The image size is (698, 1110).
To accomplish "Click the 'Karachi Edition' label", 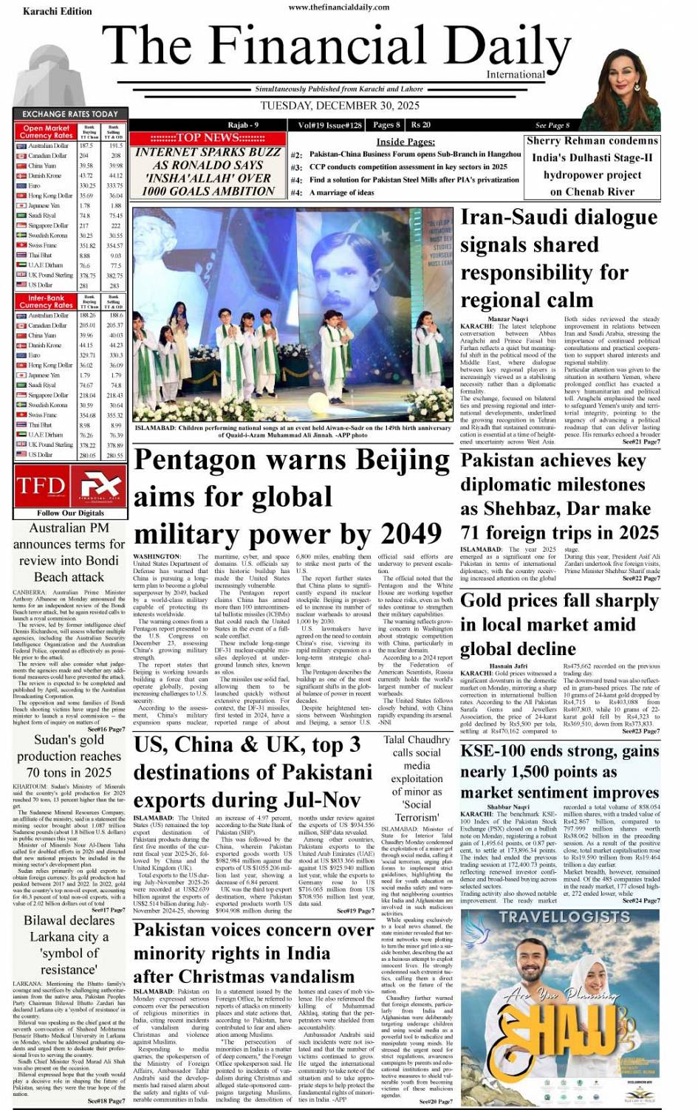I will pyautogui.click(x=58, y=12).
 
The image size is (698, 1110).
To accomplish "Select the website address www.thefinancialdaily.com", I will pyautogui.click(x=339, y=7).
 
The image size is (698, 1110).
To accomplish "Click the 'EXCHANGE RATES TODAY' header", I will pyautogui.click(x=70, y=114).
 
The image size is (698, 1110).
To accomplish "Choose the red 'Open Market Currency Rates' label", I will pyautogui.click(x=47, y=131).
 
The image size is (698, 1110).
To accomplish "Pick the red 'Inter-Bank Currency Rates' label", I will pyautogui.click(x=47, y=301).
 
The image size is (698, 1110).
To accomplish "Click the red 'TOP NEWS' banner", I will pyautogui.click(x=208, y=137).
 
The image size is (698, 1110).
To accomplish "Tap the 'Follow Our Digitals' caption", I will pyautogui.click(x=70, y=513).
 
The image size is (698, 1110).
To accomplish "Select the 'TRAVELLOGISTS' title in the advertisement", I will pyautogui.click(x=564, y=917).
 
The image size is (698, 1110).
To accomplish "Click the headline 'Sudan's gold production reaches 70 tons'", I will pyautogui.click(x=69, y=756).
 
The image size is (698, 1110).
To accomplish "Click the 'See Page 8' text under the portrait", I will pyautogui.click(x=552, y=125).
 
